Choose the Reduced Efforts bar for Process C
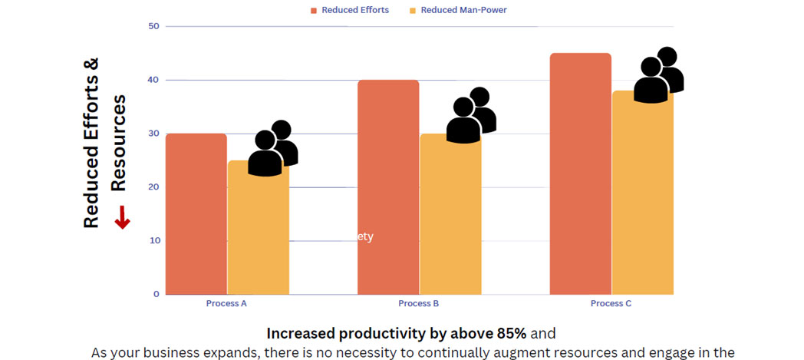[x=581, y=173]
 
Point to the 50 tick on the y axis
[x=154, y=26]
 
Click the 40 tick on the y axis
[x=154, y=80]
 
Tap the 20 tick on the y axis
[x=154, y=187]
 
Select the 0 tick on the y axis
[x=157, y=294]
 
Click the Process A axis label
[x=226, y=303]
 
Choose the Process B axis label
[x=419, y=303]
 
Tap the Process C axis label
[x=611, y=303]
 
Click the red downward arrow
[x=122, y=220]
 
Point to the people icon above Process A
[x=273, y=148]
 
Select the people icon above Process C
[x=658, y=75]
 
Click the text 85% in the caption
[x=509, y=334]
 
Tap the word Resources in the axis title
[x=117, y=144]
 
